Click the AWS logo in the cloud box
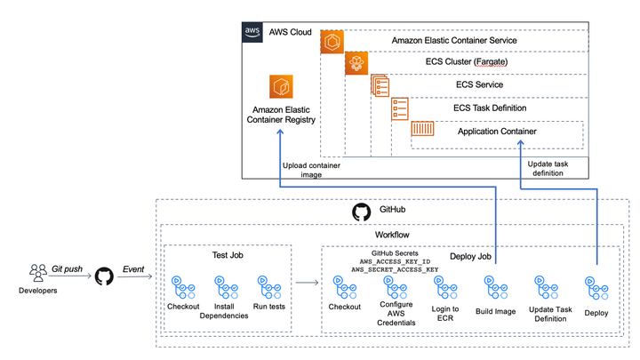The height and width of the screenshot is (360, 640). [252, 33]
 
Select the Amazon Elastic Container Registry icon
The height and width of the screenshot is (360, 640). [282, 88]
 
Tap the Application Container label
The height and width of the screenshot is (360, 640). [497, 132]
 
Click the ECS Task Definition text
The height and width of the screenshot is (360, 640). [490, 108]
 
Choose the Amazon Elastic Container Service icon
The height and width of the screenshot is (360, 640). [332, 41]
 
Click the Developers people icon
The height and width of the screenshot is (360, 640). [38, 272]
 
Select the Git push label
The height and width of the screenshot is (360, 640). [68, 267]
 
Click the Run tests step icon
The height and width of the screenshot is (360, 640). [264, 285]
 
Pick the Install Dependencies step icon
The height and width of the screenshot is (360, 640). [223, 285]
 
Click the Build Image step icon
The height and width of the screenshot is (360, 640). [495, 285]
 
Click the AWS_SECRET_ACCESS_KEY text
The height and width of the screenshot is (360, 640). [396, 268]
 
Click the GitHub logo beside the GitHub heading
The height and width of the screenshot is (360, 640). [361, 212]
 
